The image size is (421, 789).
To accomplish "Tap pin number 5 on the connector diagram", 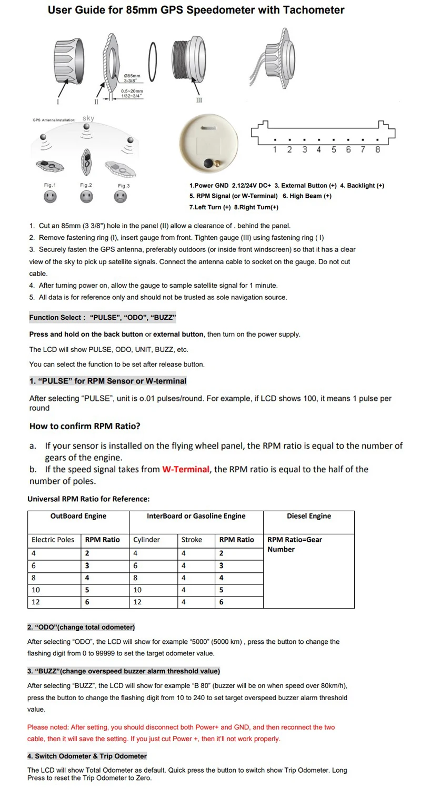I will (334, 149).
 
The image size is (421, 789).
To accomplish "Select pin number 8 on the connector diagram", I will (377, 149).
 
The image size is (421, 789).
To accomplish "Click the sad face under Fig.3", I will (121, 197).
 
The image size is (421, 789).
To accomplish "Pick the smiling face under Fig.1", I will (50, 197).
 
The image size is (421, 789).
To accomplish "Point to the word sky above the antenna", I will (88, 118).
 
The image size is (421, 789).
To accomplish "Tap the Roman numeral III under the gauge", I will (199, 100).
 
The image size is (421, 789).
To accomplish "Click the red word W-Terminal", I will (186, 469).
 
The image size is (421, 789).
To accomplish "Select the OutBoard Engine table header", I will (78, 516).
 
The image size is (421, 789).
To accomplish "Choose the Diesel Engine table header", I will (308, 516).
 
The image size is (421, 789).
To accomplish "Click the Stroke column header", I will (192, 539).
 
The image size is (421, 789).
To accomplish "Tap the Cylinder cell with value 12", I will (137, 602).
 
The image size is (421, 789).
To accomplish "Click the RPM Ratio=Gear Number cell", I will (294, 544).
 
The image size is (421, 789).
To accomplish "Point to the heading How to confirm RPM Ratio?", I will (85, 426).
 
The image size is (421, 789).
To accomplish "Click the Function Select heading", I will (102, 317).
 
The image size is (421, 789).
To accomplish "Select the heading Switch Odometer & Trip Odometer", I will (87, 756).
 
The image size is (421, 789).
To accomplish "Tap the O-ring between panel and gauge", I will (152, 62).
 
